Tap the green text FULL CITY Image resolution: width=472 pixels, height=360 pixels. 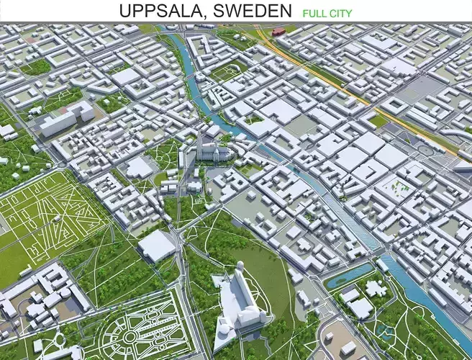pyautogui.click(x=332, y=12)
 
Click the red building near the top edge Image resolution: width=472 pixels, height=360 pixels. pyautogui.click(x=278, y=31)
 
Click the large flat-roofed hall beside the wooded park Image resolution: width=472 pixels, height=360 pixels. pyautogui.click(x=156, y=246)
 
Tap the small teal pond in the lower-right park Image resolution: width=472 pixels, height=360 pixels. pyautogui.click(x=386, y=333)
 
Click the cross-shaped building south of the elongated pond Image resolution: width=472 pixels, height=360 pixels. pyautogui.click(x=375, y=289)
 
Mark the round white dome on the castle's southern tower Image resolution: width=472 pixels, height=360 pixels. pyautogui.click(x=224, y=328)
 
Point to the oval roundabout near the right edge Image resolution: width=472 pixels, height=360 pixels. pyautogui.click(x=425, y=150)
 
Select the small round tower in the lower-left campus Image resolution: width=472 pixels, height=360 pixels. pyautogui.click(x=66, y=294)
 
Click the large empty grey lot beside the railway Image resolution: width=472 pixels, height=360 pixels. pyautogui.click(x=425, y=90)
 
